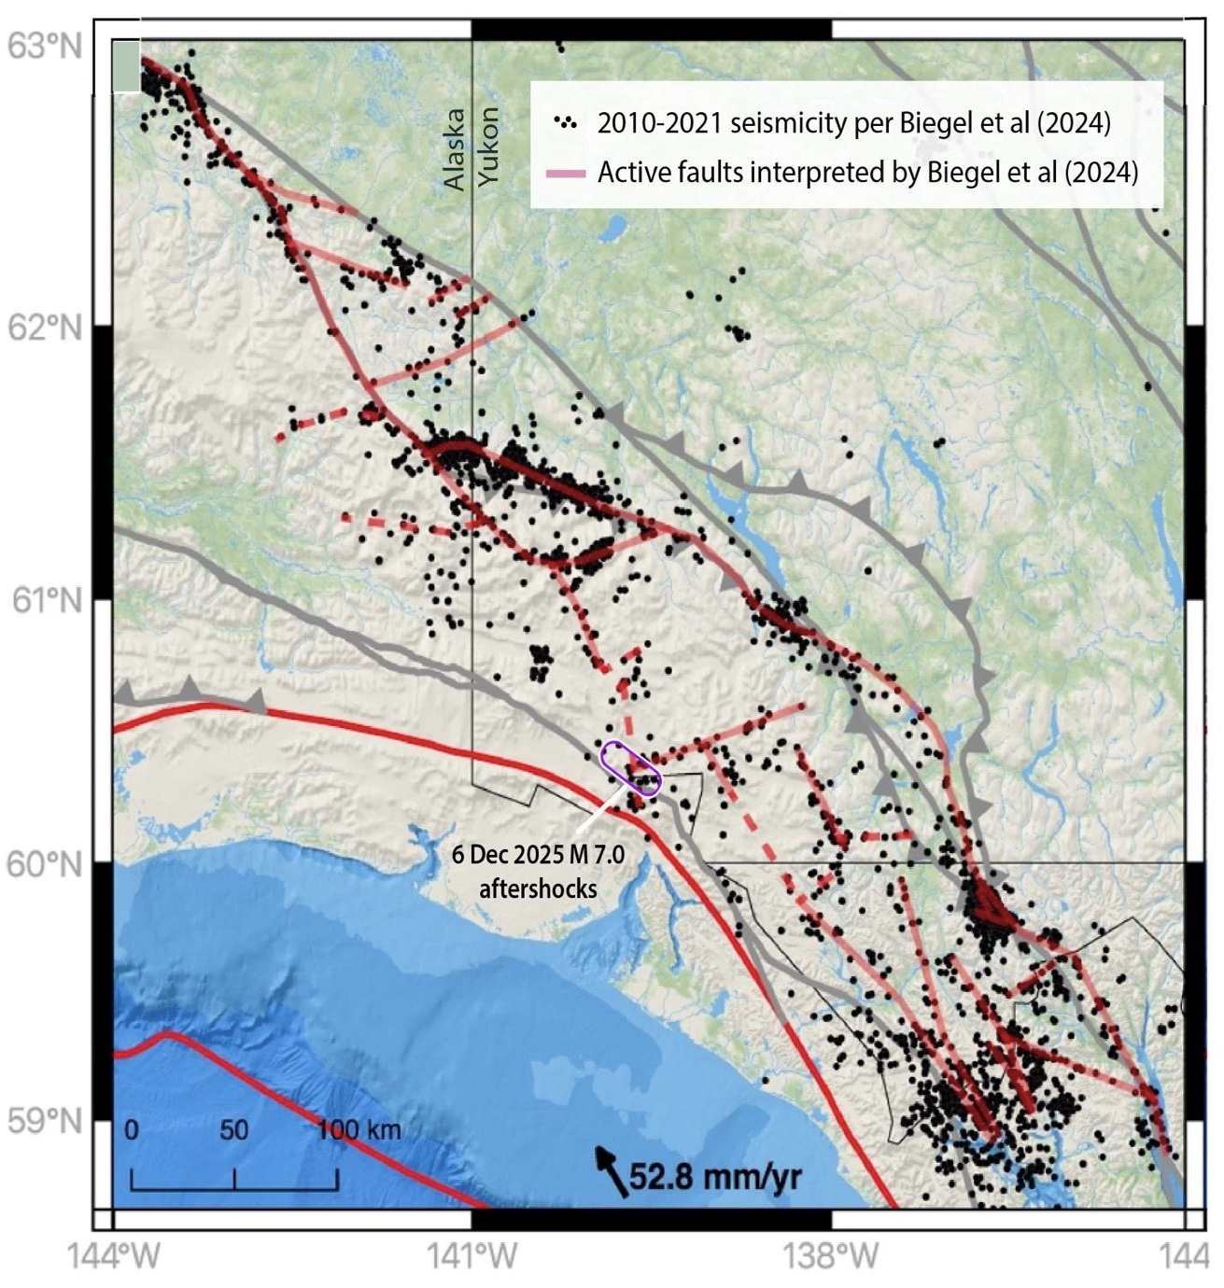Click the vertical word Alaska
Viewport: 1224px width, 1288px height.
[x=454, y=149]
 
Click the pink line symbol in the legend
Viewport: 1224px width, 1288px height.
[x=565, y=174]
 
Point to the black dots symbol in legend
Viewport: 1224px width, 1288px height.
[x=565, y=122]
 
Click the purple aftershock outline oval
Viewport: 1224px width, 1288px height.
[x=631, y=768]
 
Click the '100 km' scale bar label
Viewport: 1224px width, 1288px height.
[x=359, y=1130]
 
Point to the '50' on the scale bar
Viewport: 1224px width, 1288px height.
[x=233, y=1130]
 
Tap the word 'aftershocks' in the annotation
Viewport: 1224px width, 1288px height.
[x=538, y=888]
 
